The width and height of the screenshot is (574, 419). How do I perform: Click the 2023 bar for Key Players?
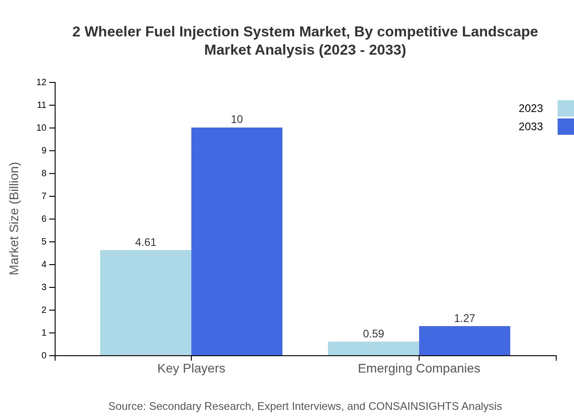146,303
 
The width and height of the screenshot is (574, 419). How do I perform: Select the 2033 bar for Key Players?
237,241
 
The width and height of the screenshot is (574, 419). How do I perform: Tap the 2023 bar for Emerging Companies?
374,348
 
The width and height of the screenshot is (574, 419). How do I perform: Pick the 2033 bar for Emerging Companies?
465,341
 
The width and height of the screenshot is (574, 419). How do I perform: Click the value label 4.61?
146,242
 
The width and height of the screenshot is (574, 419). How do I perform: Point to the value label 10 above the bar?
237,119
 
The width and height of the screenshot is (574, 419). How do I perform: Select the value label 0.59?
374,334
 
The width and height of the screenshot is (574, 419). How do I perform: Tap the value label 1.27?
465,318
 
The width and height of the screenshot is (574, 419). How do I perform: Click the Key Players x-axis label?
191,368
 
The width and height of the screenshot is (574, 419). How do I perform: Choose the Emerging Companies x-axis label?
419,368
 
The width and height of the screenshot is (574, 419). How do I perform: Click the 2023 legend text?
531,108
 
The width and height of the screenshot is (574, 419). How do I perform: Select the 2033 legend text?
531,127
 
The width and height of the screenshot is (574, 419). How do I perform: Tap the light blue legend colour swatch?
565,108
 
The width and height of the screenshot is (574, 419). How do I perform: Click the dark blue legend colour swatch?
565,127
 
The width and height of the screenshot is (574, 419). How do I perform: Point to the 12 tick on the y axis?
41,82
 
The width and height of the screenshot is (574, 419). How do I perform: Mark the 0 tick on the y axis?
44,356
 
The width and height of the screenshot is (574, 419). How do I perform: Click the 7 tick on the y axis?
44,196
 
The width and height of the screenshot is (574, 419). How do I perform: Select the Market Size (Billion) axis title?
15,219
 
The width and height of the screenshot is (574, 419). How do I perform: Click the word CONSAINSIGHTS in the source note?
413,406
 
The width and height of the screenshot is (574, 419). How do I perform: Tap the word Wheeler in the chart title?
113,32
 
